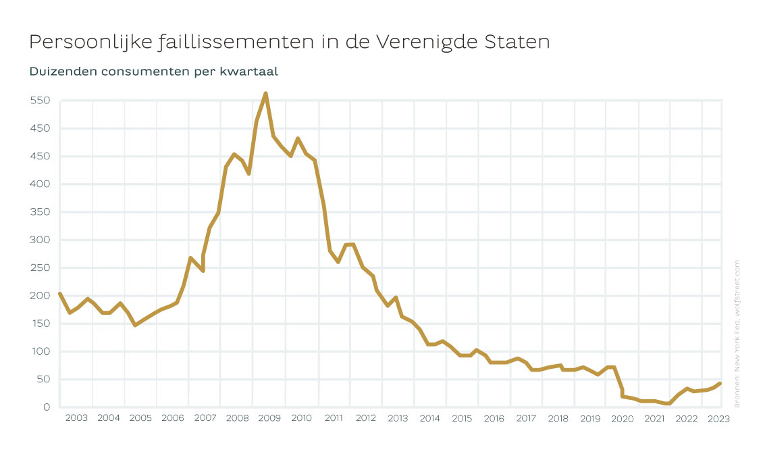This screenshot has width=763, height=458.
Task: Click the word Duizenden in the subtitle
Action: click(x=63, y=72)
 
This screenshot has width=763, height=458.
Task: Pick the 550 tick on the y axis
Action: click(x=40, y=100)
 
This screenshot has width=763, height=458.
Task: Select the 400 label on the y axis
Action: click(x=40, y=184)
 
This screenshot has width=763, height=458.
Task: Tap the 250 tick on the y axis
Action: click(x=40, y=268)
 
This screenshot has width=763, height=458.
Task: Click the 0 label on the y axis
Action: click(x=47, y=407)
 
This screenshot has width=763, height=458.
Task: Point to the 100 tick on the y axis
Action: click(x=41, y=351)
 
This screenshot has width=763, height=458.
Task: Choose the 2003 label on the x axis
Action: click(x=76, y=418)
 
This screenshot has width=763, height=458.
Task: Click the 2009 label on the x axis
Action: click(x=269, y=418)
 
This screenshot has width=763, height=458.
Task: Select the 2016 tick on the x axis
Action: click(x=494, y=418)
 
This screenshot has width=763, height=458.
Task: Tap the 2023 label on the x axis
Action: click(x=718, y=419)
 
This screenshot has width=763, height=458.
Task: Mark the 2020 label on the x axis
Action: click(x=623, y=419)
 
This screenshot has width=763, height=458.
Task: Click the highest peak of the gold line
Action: click(x=265, y=93)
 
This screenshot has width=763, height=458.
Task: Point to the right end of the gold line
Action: click(x=720, y=384)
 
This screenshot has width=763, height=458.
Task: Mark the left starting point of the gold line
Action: click(x=59, y=293)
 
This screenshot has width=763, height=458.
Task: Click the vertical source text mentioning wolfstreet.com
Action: click(x=737, y=334)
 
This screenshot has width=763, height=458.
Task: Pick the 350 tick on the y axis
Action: click(x=40, y=211)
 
